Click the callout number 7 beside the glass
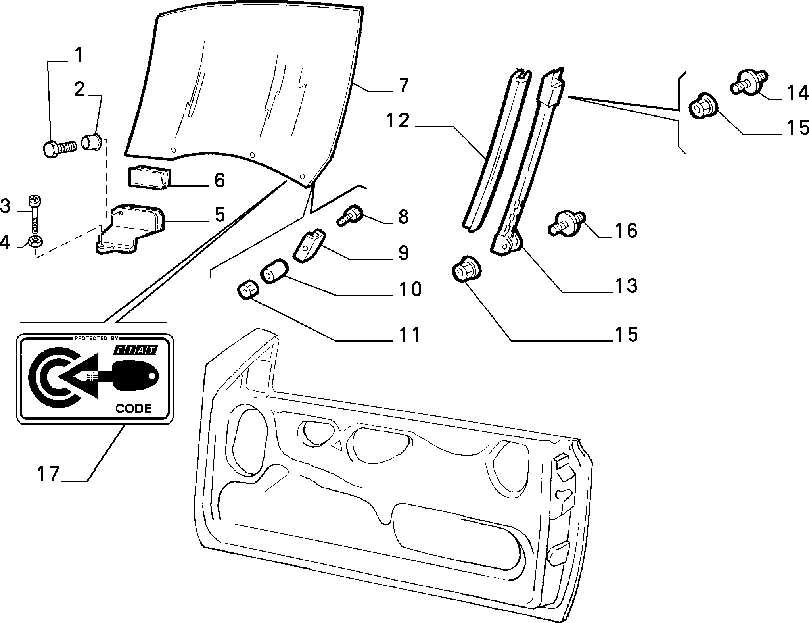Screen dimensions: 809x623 click(x=403, y=85)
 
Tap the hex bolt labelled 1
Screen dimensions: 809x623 click(x=58, y=149)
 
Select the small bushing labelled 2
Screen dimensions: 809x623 click(x=92, y=142)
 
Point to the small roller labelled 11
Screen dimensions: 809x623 click(x=247, y=291)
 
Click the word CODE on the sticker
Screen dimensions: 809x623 click(x=133, y=408)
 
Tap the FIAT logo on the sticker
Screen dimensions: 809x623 click(x=136, y=350)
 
